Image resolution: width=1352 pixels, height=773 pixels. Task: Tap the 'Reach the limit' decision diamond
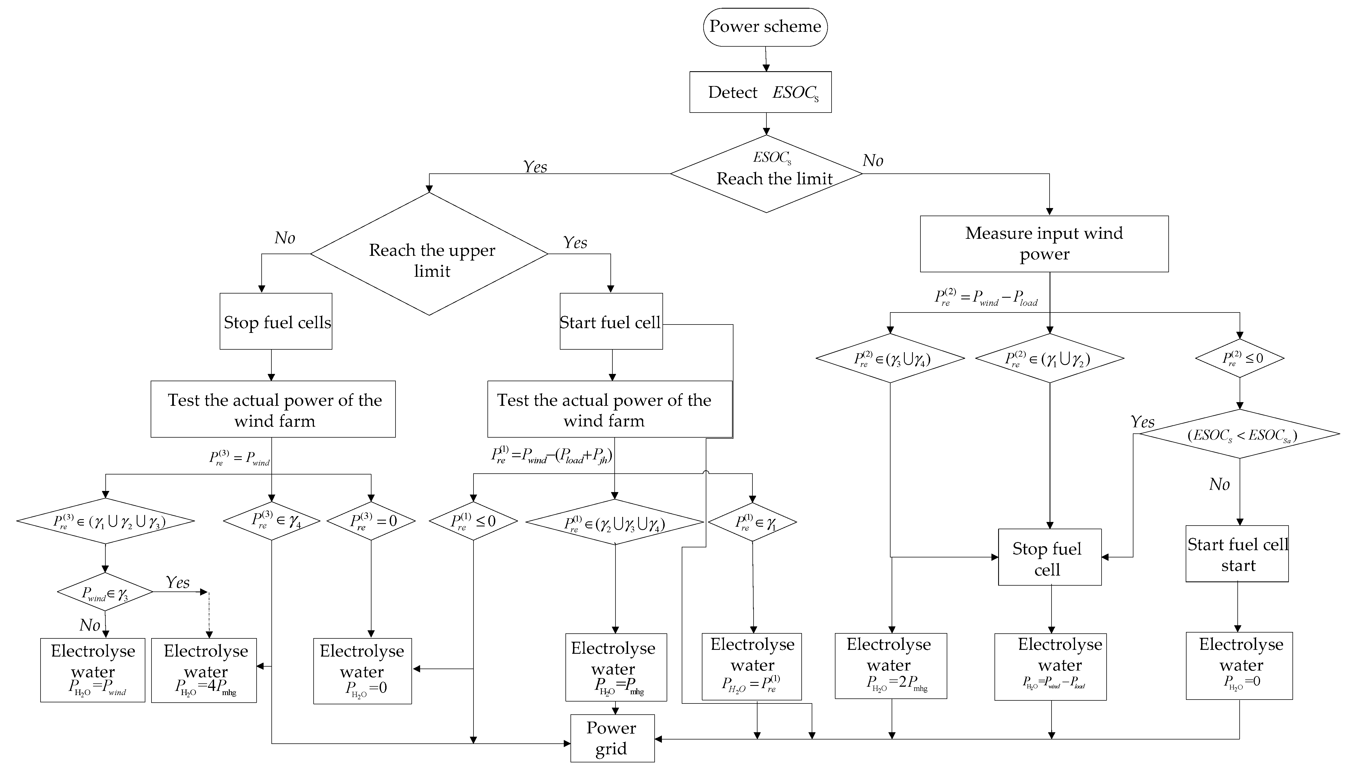tap(766, 174)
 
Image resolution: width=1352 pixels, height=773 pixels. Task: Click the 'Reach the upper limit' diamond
tap(429, 254)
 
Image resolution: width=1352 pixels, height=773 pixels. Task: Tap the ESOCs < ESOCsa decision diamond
tap(1240, 434)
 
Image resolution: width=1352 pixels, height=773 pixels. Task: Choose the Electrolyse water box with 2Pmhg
tap(891, 666)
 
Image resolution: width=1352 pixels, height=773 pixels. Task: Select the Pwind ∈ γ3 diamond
tap(105, 592)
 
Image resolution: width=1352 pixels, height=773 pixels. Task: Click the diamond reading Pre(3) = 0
tap(371, 521)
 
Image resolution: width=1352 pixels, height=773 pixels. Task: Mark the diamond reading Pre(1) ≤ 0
tap(473, 521)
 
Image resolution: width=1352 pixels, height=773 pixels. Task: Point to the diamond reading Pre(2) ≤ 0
tap(1240, 358)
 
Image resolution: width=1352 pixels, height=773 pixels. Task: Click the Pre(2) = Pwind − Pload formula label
tap(986, 298)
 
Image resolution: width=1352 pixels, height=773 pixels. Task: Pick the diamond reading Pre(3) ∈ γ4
tap(271, 521)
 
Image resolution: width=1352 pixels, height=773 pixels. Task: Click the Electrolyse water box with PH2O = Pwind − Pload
tap(1050, 667)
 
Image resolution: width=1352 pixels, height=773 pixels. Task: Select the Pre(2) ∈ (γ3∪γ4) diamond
tap(890, 358)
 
